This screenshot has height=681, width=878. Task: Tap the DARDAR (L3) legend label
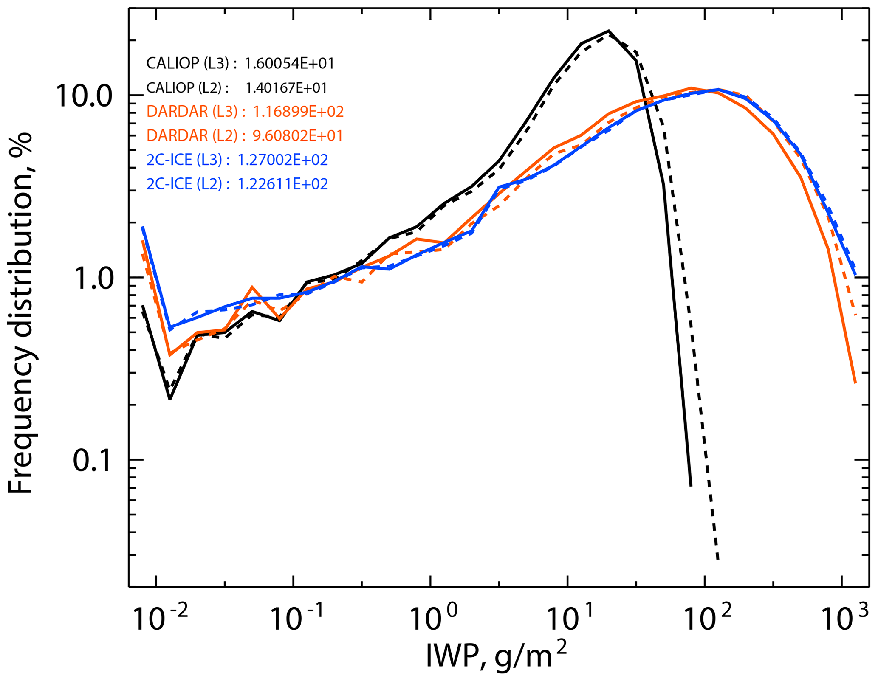click(192, 112)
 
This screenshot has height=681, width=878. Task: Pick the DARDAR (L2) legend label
click(192, 136)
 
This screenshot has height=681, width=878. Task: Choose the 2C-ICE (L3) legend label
click(184, 160)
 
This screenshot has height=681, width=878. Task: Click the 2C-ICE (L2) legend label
click(184, 184)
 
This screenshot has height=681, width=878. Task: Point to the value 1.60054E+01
click(290, 64)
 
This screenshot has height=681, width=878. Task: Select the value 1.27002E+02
click(282, 160)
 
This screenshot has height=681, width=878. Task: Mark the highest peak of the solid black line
click(609, 31)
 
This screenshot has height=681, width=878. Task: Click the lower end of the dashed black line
click(717, 559)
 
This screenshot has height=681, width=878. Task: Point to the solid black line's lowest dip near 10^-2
click(169, 398)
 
